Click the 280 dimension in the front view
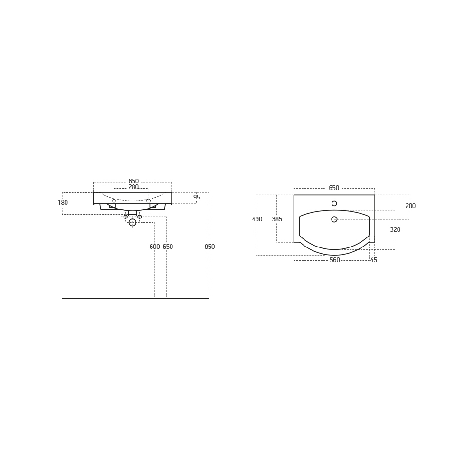133,187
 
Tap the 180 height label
63,202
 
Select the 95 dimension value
197,197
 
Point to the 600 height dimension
154,247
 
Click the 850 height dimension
209,247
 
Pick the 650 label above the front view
133,181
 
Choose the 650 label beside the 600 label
168,247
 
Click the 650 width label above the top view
334,188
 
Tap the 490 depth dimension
257,219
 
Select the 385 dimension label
277,219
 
